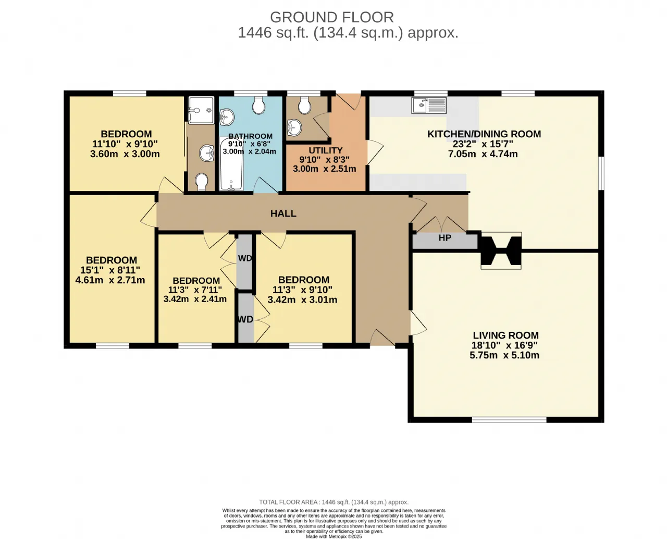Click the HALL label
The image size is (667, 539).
(x=283, y=213)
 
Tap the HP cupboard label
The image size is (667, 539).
(x=444, y=238)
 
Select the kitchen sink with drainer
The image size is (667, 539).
(x=429, y=105)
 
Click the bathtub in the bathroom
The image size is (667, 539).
(x=231, y=164)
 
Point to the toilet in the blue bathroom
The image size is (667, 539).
(x=258, y=105)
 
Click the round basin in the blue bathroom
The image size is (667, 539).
(x=226, y=117)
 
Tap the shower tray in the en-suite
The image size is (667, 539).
(x=201, y=110)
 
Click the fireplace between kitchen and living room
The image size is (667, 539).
(x=501, y=250)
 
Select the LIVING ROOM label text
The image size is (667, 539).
(x=505, y=335)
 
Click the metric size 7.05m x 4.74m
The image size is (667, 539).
(x=483, y=154)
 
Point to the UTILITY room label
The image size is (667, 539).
(x=325, y=150)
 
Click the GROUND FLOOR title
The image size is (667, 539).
(x=331, y=17)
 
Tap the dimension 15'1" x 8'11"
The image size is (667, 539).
(x=110, y=270)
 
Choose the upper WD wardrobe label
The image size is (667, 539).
(x=245, y=258)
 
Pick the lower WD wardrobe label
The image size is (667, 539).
(x=245, y=319)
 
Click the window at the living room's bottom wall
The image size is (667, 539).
(x=509, y=420)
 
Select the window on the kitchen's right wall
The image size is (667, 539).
(x=601, y=173)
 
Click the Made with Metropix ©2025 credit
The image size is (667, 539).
(x=334, y=536)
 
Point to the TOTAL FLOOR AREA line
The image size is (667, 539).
(x=334, y=502)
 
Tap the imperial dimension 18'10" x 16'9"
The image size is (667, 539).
(x=504, y=345)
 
